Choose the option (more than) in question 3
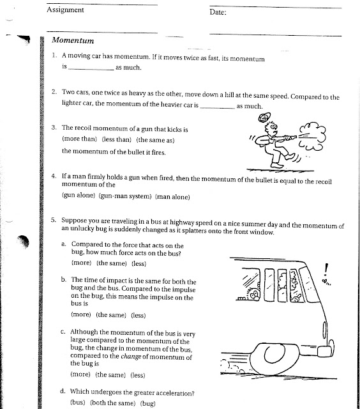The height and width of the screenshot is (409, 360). coord(79,139)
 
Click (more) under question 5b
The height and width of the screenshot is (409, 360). coord(80,315)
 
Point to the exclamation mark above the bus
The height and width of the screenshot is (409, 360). coord(326,268)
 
